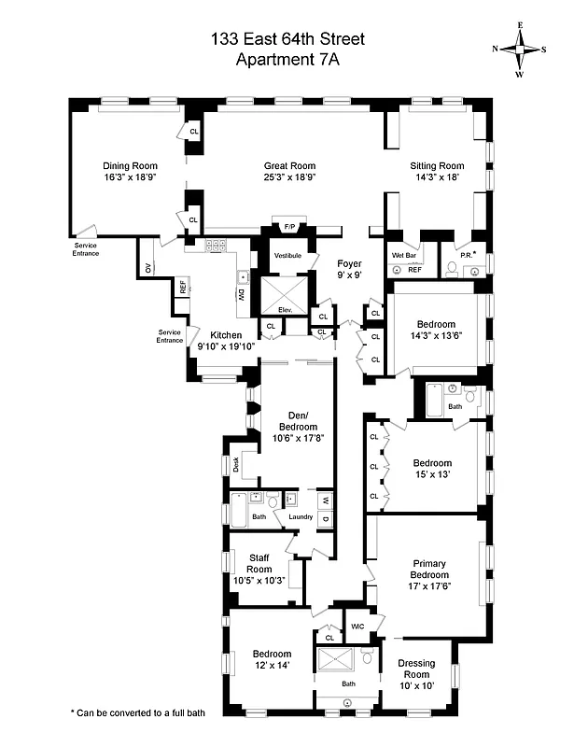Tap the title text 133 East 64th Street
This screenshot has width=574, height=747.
pos(287,39)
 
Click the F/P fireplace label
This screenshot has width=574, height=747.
pos(289,228)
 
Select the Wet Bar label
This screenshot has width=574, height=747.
pos(403,254)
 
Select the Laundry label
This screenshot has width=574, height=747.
pos(301,516)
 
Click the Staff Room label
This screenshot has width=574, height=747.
pos(259,563)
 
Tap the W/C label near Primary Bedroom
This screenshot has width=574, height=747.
pos(357,627)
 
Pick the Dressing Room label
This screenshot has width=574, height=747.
pos(416,669)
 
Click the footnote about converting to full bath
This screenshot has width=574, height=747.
pos(137,712)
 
